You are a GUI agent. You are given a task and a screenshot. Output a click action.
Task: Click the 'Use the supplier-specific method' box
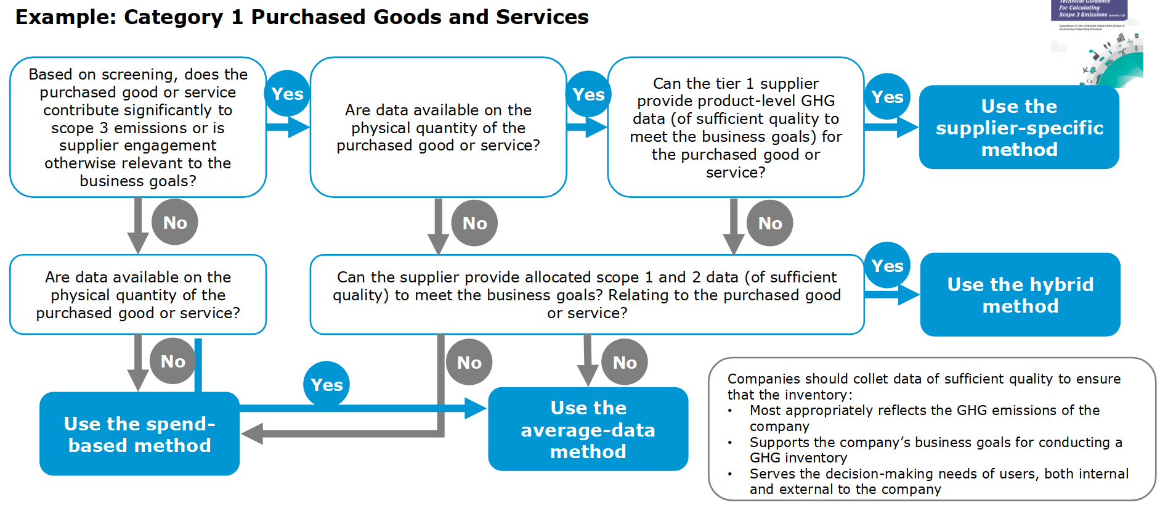(x=1018, y=127)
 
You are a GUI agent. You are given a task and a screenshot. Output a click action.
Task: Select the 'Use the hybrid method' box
(x=1020, y=295)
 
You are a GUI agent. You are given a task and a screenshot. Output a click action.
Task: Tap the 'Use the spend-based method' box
(x=139, y=434)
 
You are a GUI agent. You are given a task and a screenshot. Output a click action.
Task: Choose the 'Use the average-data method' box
(x=588, y=429)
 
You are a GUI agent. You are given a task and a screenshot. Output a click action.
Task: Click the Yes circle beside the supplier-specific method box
(x=887, y=97)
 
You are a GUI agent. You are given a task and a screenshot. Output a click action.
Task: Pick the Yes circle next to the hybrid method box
(x=887, y=266)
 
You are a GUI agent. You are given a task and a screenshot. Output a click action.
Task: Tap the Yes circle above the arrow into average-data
(x=327, y=385)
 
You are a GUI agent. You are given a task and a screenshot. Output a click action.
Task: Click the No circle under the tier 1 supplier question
(x=770, y=223)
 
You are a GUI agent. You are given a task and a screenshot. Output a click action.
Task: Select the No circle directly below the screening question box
(x=175, y=223)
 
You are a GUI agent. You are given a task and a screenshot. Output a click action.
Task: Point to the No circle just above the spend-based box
(x=173, y=361)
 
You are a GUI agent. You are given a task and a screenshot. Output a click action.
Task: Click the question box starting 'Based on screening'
(x=138, y=127)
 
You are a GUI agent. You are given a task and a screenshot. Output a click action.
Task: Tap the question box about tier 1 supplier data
(x=736, y=127)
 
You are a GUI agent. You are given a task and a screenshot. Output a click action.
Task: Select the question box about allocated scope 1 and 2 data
(x=586, y=295)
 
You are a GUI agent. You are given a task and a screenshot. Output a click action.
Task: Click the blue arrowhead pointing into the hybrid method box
(x=909, y=295)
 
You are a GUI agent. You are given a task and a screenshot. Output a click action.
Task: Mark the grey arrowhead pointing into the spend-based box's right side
(x=252, y=433)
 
